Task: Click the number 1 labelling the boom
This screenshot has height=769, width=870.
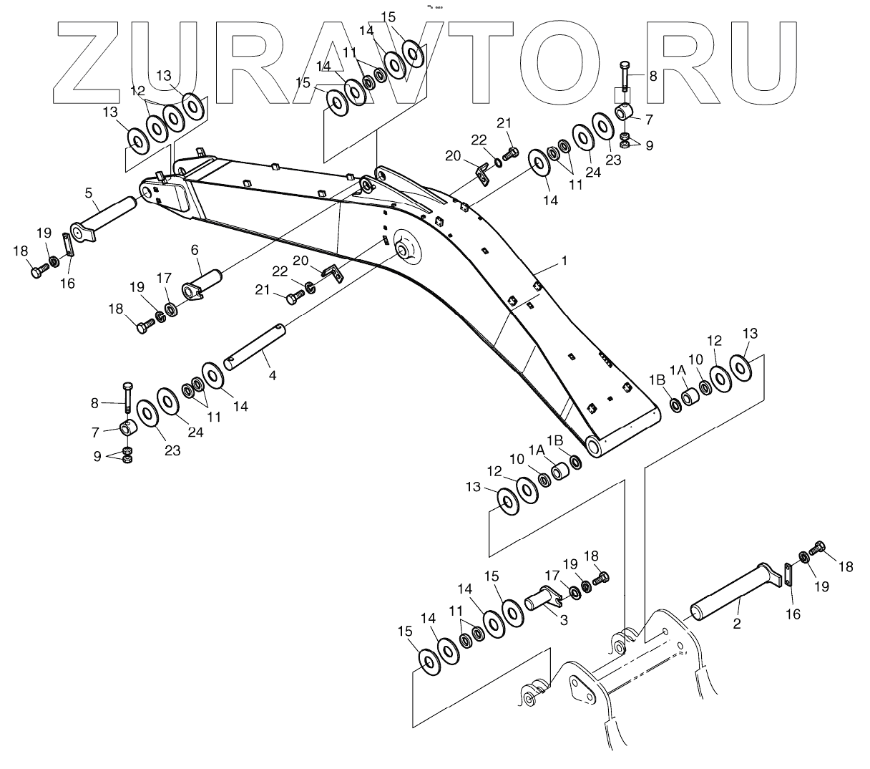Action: point(564,261)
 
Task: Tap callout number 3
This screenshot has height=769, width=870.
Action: point(564,621)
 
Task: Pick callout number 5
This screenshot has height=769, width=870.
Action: point(88,193)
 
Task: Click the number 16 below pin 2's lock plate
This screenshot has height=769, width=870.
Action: point(793,614)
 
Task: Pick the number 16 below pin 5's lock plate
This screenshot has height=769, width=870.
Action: point(67,284)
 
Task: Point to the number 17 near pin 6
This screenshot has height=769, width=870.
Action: point(165,277)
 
